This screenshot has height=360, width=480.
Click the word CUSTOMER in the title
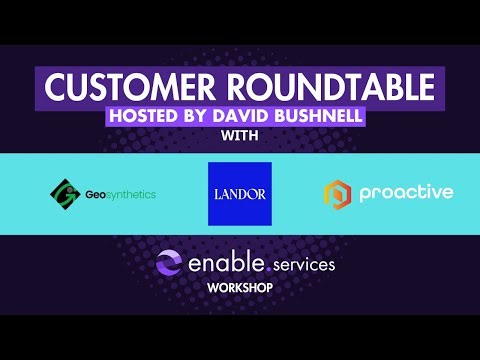(x=125, y=87)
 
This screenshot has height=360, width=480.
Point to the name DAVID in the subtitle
(x=247, y=116)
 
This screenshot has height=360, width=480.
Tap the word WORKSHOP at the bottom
(x=240, y=288)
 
